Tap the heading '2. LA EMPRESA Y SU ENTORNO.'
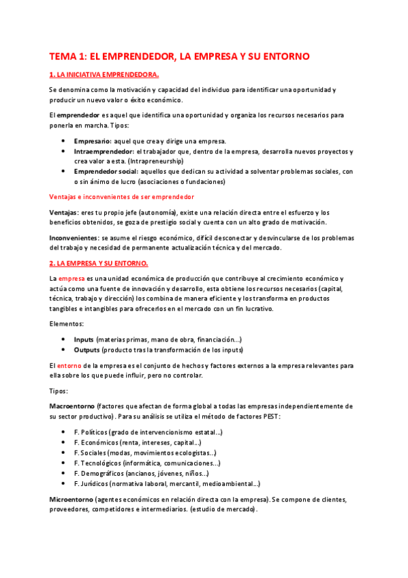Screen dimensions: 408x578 pyautogui.click(x=99, y=263)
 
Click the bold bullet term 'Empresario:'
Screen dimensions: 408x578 pyautogui.click(x=93, y=141)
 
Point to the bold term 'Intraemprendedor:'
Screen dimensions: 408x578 pyautogui.click(x=104, y=151)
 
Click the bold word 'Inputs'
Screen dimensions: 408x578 pyautogui.click(x=84, y=339)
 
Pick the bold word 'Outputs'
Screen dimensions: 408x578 pyautogui.click(x=87, y=350)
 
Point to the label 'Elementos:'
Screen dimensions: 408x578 pyautogui.click(x=67, y=324)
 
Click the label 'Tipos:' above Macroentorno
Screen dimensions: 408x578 pyautogui.click(x=59, y=391)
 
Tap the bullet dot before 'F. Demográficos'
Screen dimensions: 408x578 pyautogui.click(x=63, y=474)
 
